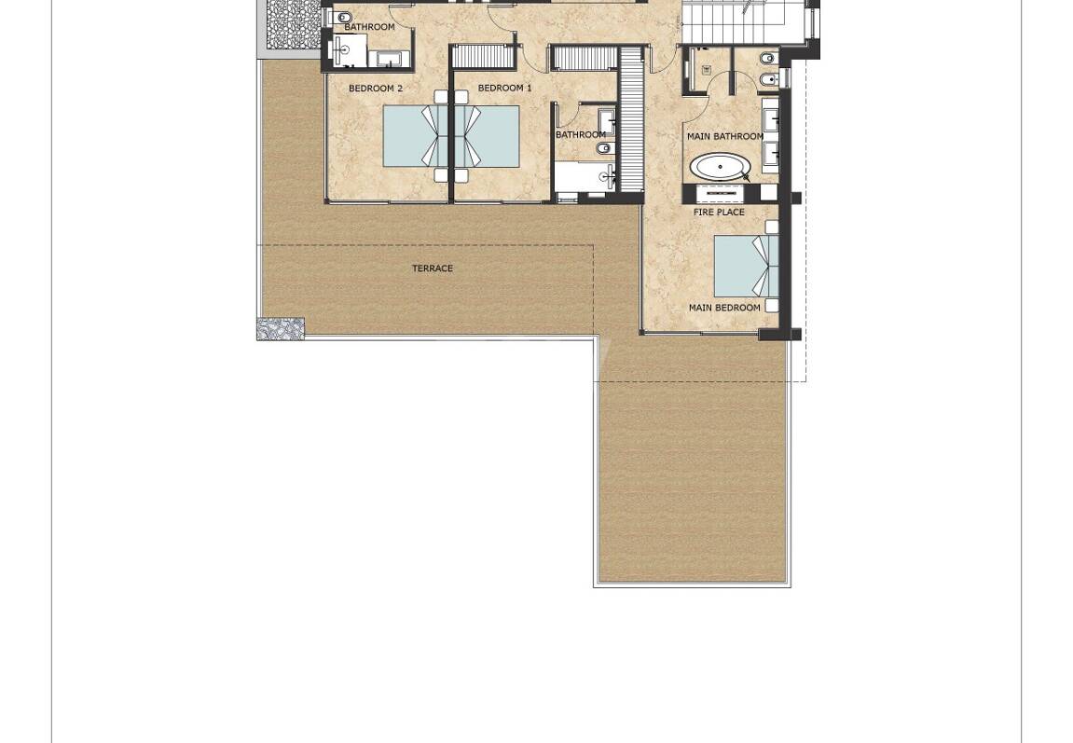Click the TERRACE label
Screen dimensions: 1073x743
pos(433,268)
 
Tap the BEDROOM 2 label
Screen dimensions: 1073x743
pos(375,89)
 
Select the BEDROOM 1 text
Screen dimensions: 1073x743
pos(504,89)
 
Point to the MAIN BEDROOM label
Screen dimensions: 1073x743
pos(724,308)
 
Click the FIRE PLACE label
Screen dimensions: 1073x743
pos(719,213)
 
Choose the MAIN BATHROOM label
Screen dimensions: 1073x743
pos(724,136)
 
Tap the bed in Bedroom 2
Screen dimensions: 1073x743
pos(413,136)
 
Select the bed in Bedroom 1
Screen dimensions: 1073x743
pos(488,136)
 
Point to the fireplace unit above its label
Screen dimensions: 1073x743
pos(720,193)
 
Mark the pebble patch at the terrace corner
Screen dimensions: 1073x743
pos(281,328)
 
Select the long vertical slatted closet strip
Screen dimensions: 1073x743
pos(632,119)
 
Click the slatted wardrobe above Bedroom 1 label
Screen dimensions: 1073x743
pos(483,56)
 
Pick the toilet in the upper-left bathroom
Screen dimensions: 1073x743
pos(343,17)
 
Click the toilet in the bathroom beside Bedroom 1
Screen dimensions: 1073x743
pos(603,148)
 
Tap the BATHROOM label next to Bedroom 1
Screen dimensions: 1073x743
pos(580,135)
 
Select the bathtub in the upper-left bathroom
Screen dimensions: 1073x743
pos(389,59)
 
